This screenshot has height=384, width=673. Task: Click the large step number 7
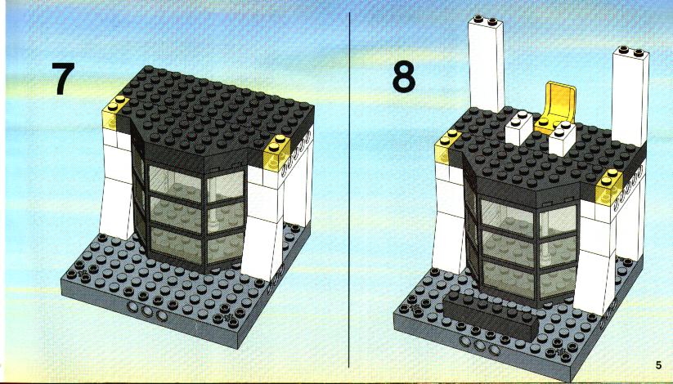tap(63, 78)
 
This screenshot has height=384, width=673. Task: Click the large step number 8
tap(403, 77)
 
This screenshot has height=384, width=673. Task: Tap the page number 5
tap(658, 365)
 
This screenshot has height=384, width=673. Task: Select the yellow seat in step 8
tap(555, 107)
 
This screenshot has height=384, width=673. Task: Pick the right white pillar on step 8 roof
tap(630, 96)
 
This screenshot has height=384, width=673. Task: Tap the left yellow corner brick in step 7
tap(115, 112)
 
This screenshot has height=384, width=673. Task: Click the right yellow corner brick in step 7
tap(278, 152)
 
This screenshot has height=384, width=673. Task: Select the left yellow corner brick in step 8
tap(447, 146)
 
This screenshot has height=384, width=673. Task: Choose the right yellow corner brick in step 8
tap(609, 186)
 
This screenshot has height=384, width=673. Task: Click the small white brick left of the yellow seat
tap(519, 127)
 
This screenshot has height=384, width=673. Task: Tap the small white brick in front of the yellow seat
tap(563, 138)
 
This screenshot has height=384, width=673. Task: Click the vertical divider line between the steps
tap(349, 190)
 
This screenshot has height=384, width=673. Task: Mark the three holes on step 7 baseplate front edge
tap(147, 311)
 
